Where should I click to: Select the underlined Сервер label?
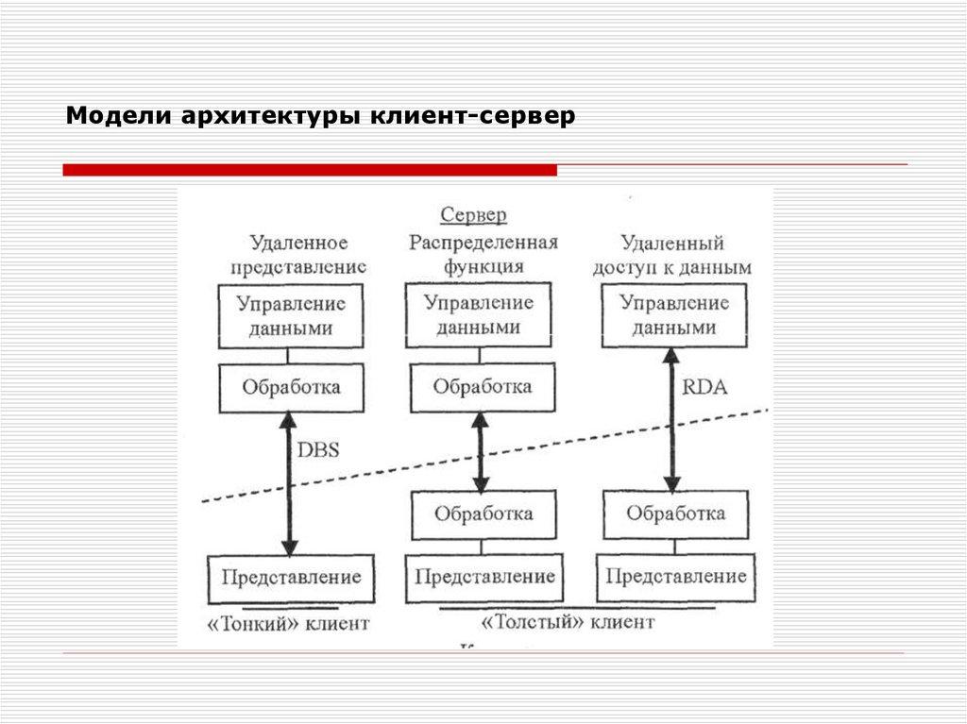tap(473, 215)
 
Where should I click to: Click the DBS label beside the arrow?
tap(318, 452)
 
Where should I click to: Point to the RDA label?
tap(704, 387)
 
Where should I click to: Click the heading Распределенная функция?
tap(483, 254)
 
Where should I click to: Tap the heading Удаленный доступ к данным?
tap(671, 255)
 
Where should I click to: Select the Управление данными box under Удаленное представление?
tap(291, 316)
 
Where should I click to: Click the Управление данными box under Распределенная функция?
tap(478, 315)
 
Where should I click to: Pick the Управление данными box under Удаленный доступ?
tap(673, 315)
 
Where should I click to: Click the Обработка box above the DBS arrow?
tap(291, 387)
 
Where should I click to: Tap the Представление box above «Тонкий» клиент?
tap(291, 577)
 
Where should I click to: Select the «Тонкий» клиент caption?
tap(289, 623)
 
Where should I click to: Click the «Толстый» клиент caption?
tap(567, 623)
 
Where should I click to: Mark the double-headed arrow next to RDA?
tap(671, 418)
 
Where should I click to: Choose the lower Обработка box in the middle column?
tap(483, 514)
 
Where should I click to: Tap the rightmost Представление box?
tap(675, 577)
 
